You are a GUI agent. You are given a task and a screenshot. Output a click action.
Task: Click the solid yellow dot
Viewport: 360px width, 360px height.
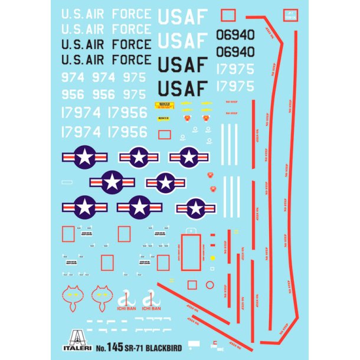pos(212,257)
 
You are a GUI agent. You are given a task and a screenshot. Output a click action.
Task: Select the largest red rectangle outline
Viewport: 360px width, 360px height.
pos(190,253)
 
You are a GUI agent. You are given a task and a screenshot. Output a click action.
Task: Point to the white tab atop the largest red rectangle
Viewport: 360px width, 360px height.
pos(190,231)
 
